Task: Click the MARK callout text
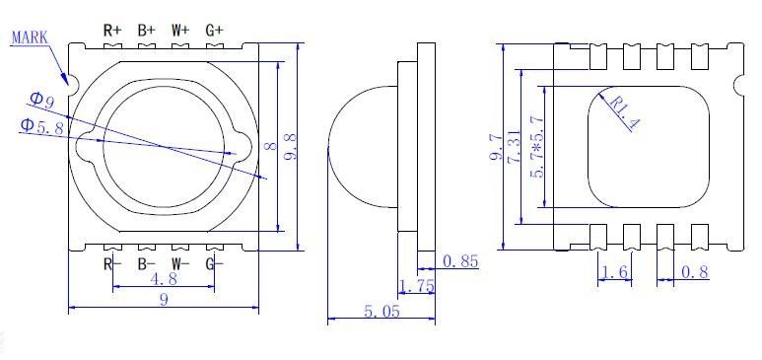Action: click(x=30, y=37)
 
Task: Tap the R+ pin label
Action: click(x=112, y=31)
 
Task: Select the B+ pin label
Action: click(x=146, y=31)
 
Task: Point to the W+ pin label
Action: click(x=180, y=31)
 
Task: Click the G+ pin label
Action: click(x=214, y=31)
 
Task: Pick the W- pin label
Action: click(x=180, y=264)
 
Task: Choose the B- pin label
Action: click(x=146, y=264)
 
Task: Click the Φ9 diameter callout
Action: click(x=41, y=100)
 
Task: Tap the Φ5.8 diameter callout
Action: click(x=41, y=126)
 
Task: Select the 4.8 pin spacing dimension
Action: click(x=164, y=279)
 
